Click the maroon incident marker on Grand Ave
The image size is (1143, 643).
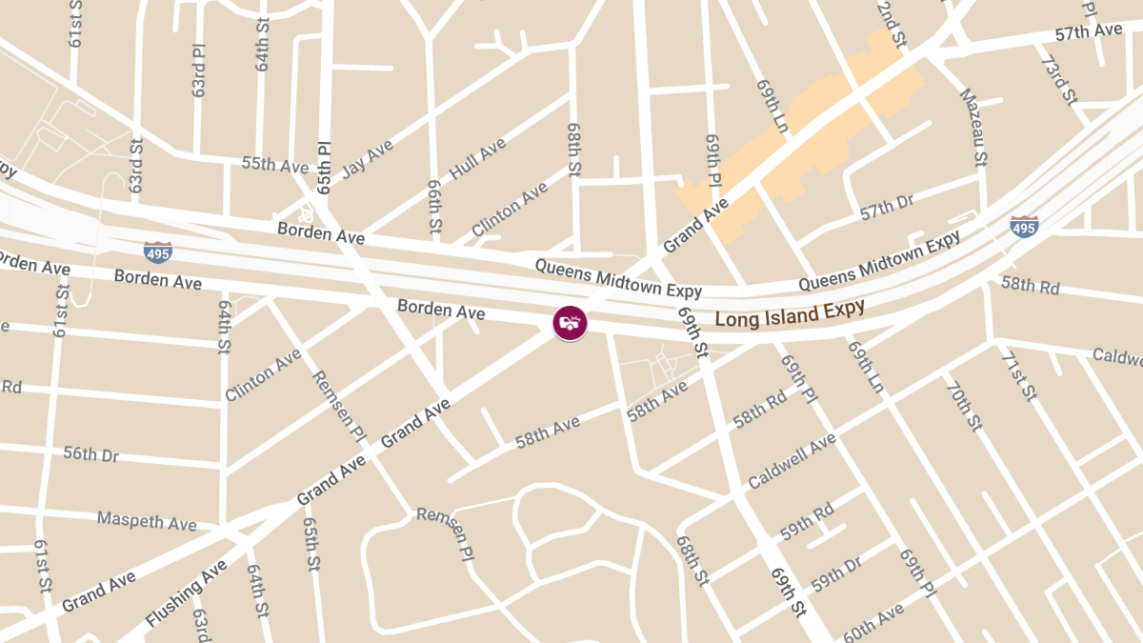tap(570, 322)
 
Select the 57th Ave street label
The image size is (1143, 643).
tap(1089, 32)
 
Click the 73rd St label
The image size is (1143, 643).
tap(1057, 81)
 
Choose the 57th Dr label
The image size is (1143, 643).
tap(887, 210)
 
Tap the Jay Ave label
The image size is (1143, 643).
tap(367, 158)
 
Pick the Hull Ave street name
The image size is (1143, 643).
tap(477, 158)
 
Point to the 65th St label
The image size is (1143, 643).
tap(311, 544)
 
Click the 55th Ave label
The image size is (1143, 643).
tap(275, 165)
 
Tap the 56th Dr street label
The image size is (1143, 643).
tap(91, 454)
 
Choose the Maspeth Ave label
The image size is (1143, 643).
tap(147, 522)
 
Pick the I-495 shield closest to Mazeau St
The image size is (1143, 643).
tap(1024, 227)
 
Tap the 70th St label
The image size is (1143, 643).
tap(963, 405)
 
